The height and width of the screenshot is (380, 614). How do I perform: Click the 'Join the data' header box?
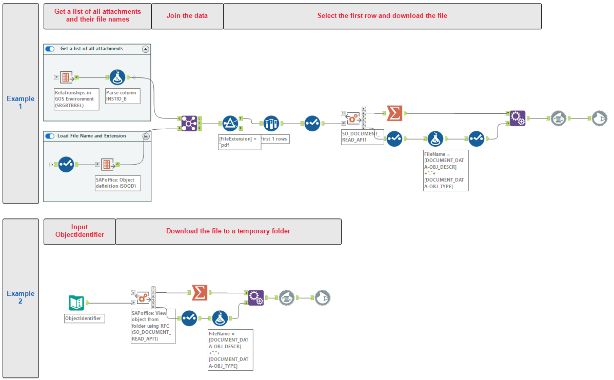pyautogui.click(x=187, y=16)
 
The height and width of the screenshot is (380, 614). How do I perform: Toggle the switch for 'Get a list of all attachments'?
pyautogui.click(x=50, y=49)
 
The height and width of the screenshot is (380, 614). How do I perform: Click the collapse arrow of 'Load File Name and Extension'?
pyautogui.click(x=145, y=136)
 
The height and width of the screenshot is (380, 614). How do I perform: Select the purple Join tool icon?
pyautogui.click(x=189, y=123)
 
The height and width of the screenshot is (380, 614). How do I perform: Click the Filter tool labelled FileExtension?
pyautogui.click(x=230, y=123)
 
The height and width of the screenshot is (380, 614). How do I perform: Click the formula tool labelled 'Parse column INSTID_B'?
pyautogui.click(x=117, y=77)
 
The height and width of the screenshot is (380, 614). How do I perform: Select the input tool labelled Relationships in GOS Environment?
pyautogui.click(x=65, y=77)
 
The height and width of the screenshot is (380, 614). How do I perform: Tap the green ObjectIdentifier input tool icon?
pyautogui.click(x=76, y=303)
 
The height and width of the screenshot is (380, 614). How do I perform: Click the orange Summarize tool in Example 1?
pyautogui.click(x=394, y=113)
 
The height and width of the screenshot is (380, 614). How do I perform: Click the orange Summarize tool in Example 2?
pyautogui.click(x=200, y=293)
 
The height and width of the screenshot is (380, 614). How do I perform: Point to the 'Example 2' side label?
pyautogui.click(x=21, y=297)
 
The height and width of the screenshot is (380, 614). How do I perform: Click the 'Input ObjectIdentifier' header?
pyautogui.click(x=80, y=231)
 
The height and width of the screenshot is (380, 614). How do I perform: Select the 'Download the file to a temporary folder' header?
pyautogui.click(x=228, y=231)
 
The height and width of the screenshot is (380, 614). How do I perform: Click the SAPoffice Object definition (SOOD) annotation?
pyautogui.click(x=117, y=184)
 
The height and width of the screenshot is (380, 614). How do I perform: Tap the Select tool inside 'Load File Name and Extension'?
pyautogui.click(x=66, y=165)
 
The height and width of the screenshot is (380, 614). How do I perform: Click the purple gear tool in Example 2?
pyautogui.click(x=255, y=297)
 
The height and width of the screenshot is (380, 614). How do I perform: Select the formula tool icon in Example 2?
pyautogui.click(x=220, y=318)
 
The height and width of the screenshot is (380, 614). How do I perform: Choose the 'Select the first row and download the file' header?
pyautogui.click(x=382, y=16)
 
